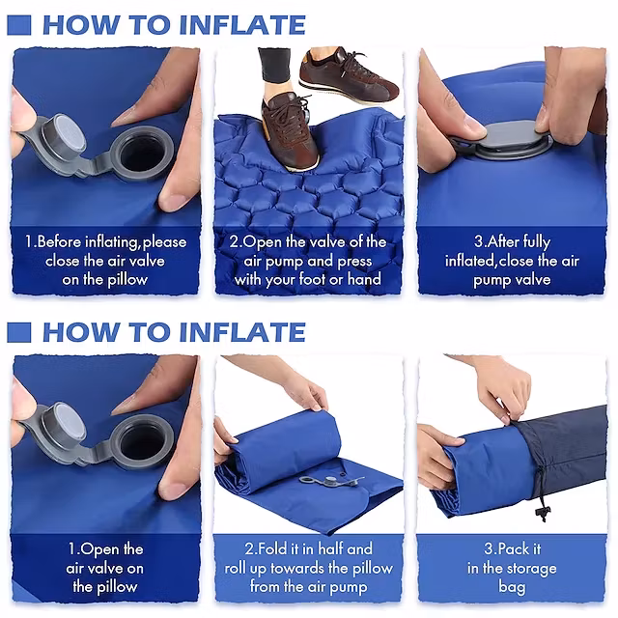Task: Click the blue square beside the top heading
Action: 19,25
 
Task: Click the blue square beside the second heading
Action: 19,332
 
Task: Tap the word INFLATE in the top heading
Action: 242,25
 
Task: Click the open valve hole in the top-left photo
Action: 142,153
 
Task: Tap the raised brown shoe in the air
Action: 348,75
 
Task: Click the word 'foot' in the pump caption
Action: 313,279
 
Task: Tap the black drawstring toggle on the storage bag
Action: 543,513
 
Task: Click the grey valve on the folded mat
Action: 330,481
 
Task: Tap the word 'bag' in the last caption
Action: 512,587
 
